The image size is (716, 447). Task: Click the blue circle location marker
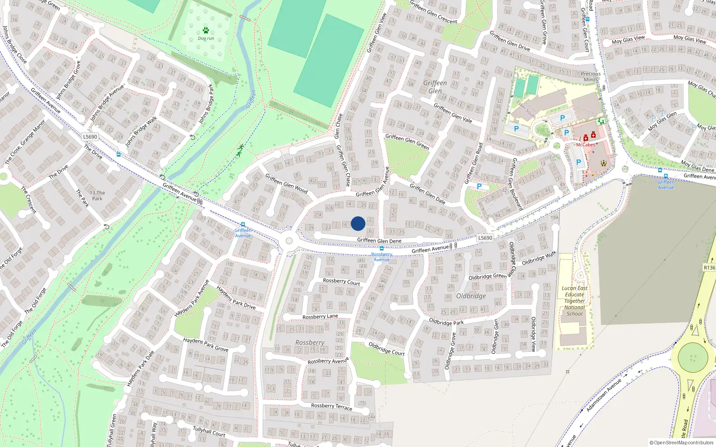[358, 223]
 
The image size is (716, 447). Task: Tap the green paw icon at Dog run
[206, 30]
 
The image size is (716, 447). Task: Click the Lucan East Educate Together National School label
[575, 301]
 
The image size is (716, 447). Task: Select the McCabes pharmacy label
[585, 145]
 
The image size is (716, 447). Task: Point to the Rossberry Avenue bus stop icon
[381, 249]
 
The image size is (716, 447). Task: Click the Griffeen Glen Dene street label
[379, 240]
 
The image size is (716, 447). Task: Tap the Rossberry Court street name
[341, 282]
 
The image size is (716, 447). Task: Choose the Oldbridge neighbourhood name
[471, 296]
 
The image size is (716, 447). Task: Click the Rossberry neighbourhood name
[310, 342]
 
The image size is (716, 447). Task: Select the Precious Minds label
[591, 76]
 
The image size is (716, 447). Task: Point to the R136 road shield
[709, 267]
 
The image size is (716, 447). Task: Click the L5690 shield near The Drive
[90, 137]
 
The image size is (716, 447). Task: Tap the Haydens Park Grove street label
[205, 344]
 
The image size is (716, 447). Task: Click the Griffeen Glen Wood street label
[286, 183]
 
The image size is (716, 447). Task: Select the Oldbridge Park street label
[446, 322]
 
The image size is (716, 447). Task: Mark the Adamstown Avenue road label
[604, 395]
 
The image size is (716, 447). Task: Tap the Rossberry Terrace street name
[332, 406]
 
